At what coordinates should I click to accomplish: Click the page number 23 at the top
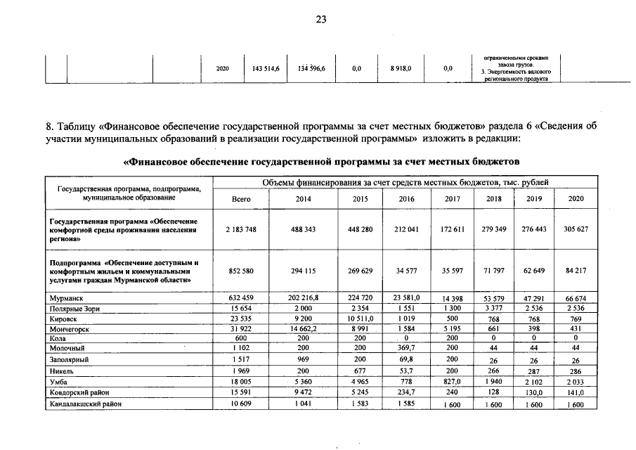320,19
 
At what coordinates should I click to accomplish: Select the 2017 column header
453,199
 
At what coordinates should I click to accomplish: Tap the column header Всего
241,199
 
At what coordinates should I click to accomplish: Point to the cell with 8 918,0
401,69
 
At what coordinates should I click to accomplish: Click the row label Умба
57,380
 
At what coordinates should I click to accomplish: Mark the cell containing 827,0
453,380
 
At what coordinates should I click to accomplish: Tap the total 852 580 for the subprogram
241,270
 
